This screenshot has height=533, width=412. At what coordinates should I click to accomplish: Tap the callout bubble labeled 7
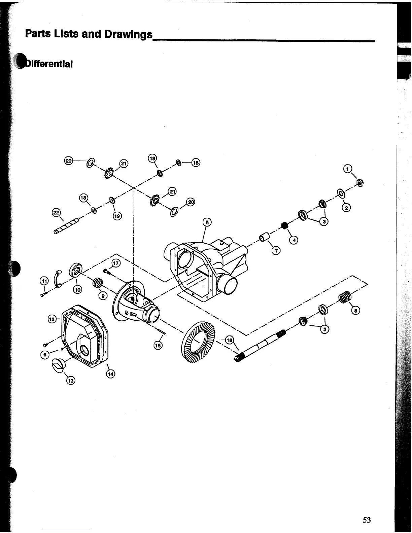(275, 251)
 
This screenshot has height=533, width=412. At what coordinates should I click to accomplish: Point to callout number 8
(355, 311)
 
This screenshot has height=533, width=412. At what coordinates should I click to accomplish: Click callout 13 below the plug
(70, 381)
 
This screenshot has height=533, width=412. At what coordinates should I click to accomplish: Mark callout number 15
(158, 345)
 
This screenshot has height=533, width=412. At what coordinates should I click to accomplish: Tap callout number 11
(44, 280)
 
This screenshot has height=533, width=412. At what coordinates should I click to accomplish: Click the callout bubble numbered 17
(115, 263)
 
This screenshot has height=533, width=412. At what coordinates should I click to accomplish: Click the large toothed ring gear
(197, 343)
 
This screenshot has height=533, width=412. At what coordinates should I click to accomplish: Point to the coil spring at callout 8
(344, 297)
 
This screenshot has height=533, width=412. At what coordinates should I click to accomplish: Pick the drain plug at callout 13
(58, 365)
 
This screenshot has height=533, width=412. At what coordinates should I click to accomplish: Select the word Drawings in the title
(128, 34)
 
